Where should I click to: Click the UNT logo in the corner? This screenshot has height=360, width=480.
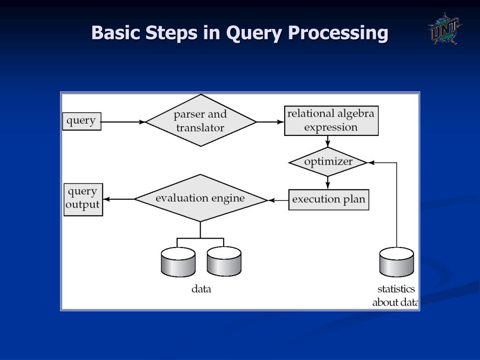pyautogui.click(x=444, y=29)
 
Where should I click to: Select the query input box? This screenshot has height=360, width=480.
pyautogui.click(x=82, y=121)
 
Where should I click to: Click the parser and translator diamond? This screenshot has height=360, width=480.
pyautogui.click(x=201, y=121)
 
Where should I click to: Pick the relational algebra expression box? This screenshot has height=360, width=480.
pyautogui.click(x=331, y=121)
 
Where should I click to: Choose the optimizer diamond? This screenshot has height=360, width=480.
pyautogui.click(x=328, y=162)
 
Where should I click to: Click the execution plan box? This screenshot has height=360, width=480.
pyautogui.click(x=328, y=200)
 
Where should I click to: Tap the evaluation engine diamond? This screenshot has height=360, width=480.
pyautogui.click(x=200, y=198)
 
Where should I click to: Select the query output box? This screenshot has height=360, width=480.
pyautogui.click(x=83, y=199)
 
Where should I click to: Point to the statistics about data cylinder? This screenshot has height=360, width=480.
pyautogui.click(x=397, y=262)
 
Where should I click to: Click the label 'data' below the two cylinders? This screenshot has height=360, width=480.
pyautogui.click(x=201, y=289)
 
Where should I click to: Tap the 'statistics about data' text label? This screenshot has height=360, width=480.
pyautogui.click(x=395, y=296)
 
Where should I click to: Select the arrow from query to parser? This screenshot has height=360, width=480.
pyautogui.click(x=123, y=122)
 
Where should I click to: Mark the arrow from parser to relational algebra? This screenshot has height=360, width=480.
pyautogui.click(x=270, y=122)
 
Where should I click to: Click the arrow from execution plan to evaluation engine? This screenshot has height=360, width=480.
pyautogui.click(x=278, y=200)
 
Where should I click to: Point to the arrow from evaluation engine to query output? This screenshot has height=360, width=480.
pyautogui.click(x=119, y=199)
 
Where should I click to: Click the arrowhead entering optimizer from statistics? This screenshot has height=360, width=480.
pyautogui.click(x=371, y=163)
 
